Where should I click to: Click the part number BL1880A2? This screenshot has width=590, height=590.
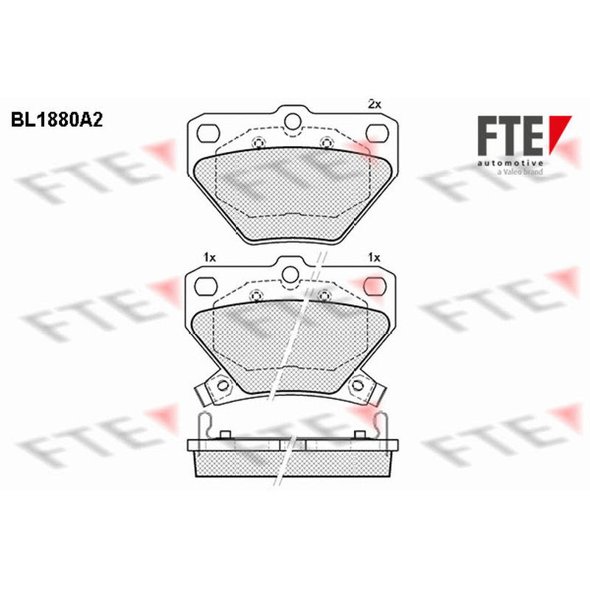(x=57, y=120)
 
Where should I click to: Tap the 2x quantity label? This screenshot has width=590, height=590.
(x=374, y=104)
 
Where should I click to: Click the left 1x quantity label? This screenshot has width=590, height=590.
(x=209, y=257)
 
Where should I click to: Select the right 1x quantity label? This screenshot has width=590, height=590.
(x=374, y=257)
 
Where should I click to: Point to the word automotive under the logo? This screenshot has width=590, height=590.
(x=510, y=163)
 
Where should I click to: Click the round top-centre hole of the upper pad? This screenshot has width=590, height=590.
(x=293, y=121)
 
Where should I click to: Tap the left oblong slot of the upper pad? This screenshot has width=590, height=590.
(x=208, y=133)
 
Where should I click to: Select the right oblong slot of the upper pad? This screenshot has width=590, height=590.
(x=378, y=133)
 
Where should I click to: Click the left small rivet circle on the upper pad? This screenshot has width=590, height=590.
(x=258, y=143)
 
